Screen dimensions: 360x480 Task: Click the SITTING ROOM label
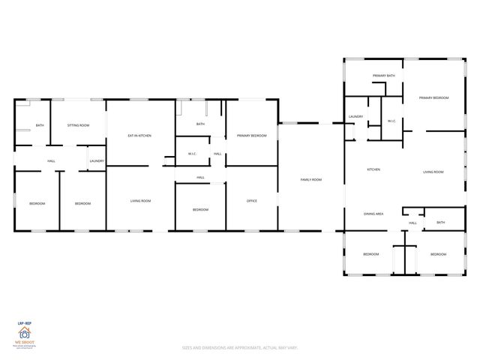coord(78,125)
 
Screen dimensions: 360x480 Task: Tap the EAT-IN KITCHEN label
coord(139,136)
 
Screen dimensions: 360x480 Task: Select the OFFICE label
coord(252,201)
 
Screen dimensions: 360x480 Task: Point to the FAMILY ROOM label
coord(311,179)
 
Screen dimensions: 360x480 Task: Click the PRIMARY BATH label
coord(384,76)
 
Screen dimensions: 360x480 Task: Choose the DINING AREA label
coord(374,214)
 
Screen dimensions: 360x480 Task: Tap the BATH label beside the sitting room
coord(39,125)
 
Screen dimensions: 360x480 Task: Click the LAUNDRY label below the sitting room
coord(97,161)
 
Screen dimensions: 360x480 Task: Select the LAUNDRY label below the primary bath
coord(355,117)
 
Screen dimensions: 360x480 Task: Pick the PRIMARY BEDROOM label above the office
coord(252,136)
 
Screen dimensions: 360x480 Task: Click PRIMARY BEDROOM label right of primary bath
coord(434,97)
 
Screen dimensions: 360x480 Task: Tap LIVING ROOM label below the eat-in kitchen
coord(140,201)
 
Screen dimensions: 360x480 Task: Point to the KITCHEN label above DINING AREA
coord(373,169)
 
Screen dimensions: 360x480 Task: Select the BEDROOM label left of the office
coord(200,209)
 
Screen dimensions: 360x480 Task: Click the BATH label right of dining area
coord(440,222)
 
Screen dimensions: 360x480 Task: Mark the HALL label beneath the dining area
coord(412,223)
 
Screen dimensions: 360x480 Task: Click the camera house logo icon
coord(24,334)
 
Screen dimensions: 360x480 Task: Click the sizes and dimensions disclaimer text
coord(239,347)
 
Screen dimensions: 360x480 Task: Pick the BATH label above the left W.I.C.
coord(200,124)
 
